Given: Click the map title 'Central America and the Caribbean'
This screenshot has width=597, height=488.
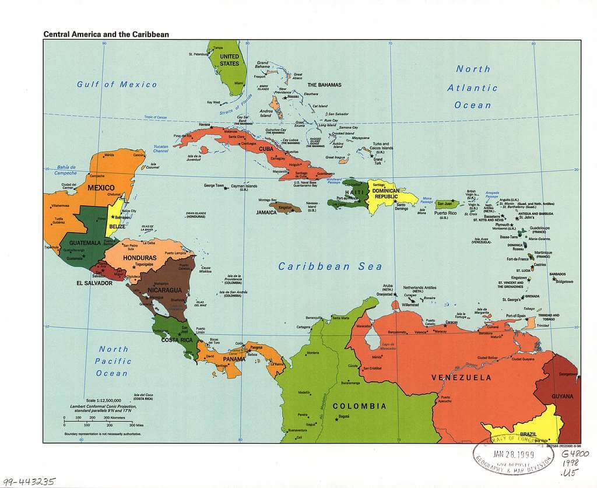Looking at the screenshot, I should [106, 34].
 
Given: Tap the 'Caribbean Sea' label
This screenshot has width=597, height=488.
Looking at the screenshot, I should [330, 266].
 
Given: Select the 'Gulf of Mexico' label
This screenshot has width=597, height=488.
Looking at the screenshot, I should [117, 85].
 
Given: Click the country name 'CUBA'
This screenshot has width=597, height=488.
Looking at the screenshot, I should [266, 149].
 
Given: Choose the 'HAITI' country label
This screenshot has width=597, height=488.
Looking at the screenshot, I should [354, 192].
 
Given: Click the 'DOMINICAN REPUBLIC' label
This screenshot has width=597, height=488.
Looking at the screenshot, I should [386, 194].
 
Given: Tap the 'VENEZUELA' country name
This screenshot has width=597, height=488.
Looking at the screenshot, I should [461, 378].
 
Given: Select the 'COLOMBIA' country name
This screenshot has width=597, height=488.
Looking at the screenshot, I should [359, 406].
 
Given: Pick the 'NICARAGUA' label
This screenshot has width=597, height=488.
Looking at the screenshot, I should [165, 290].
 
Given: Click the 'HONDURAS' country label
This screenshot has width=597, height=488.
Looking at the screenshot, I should [139, 258].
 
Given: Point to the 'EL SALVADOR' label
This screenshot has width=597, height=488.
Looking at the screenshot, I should [94, 283].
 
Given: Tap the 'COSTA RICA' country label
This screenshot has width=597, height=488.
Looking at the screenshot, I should [177, 340].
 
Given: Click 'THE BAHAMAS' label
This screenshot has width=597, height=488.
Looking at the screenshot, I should [324, 85].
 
